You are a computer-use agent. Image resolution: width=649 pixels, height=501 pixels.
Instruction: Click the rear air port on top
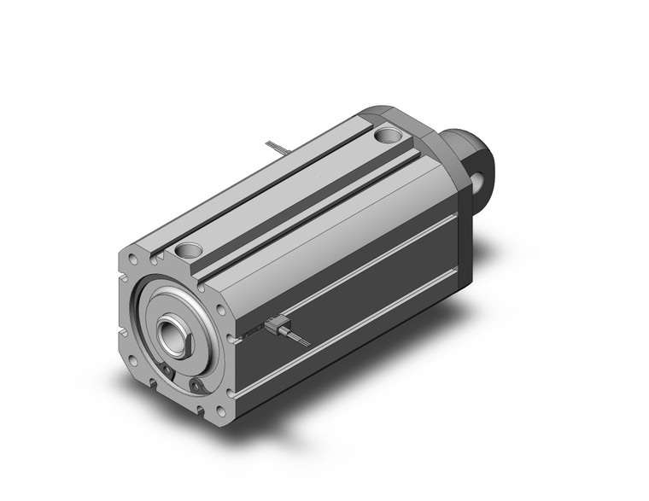click(389, 134)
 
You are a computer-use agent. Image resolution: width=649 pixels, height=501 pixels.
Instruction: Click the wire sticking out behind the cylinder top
click(277, 149)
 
